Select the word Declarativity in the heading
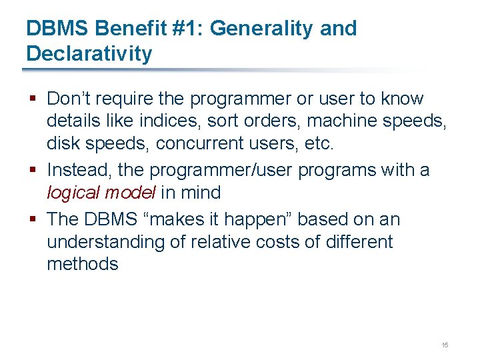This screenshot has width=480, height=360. point(89,54)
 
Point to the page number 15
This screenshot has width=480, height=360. point(445,345)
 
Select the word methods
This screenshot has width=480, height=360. point(82,265)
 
